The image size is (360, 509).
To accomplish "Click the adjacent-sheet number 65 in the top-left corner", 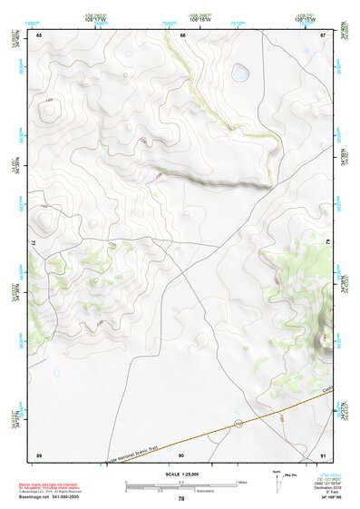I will point(39,34).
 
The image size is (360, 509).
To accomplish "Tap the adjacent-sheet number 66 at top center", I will point(182,34).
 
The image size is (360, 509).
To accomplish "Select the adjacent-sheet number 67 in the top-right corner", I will point(324,34).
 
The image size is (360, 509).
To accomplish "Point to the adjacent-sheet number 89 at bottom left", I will point(39,454).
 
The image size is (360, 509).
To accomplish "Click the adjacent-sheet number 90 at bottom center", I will point(181,454).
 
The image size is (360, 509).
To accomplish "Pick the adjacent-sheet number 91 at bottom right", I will point(324,454).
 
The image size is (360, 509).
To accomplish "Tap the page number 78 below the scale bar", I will point(181,498).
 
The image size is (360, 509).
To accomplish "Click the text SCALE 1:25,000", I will point(181,474).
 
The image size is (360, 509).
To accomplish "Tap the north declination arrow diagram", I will point(277,480).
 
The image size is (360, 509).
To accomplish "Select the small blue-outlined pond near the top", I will point(240,73).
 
